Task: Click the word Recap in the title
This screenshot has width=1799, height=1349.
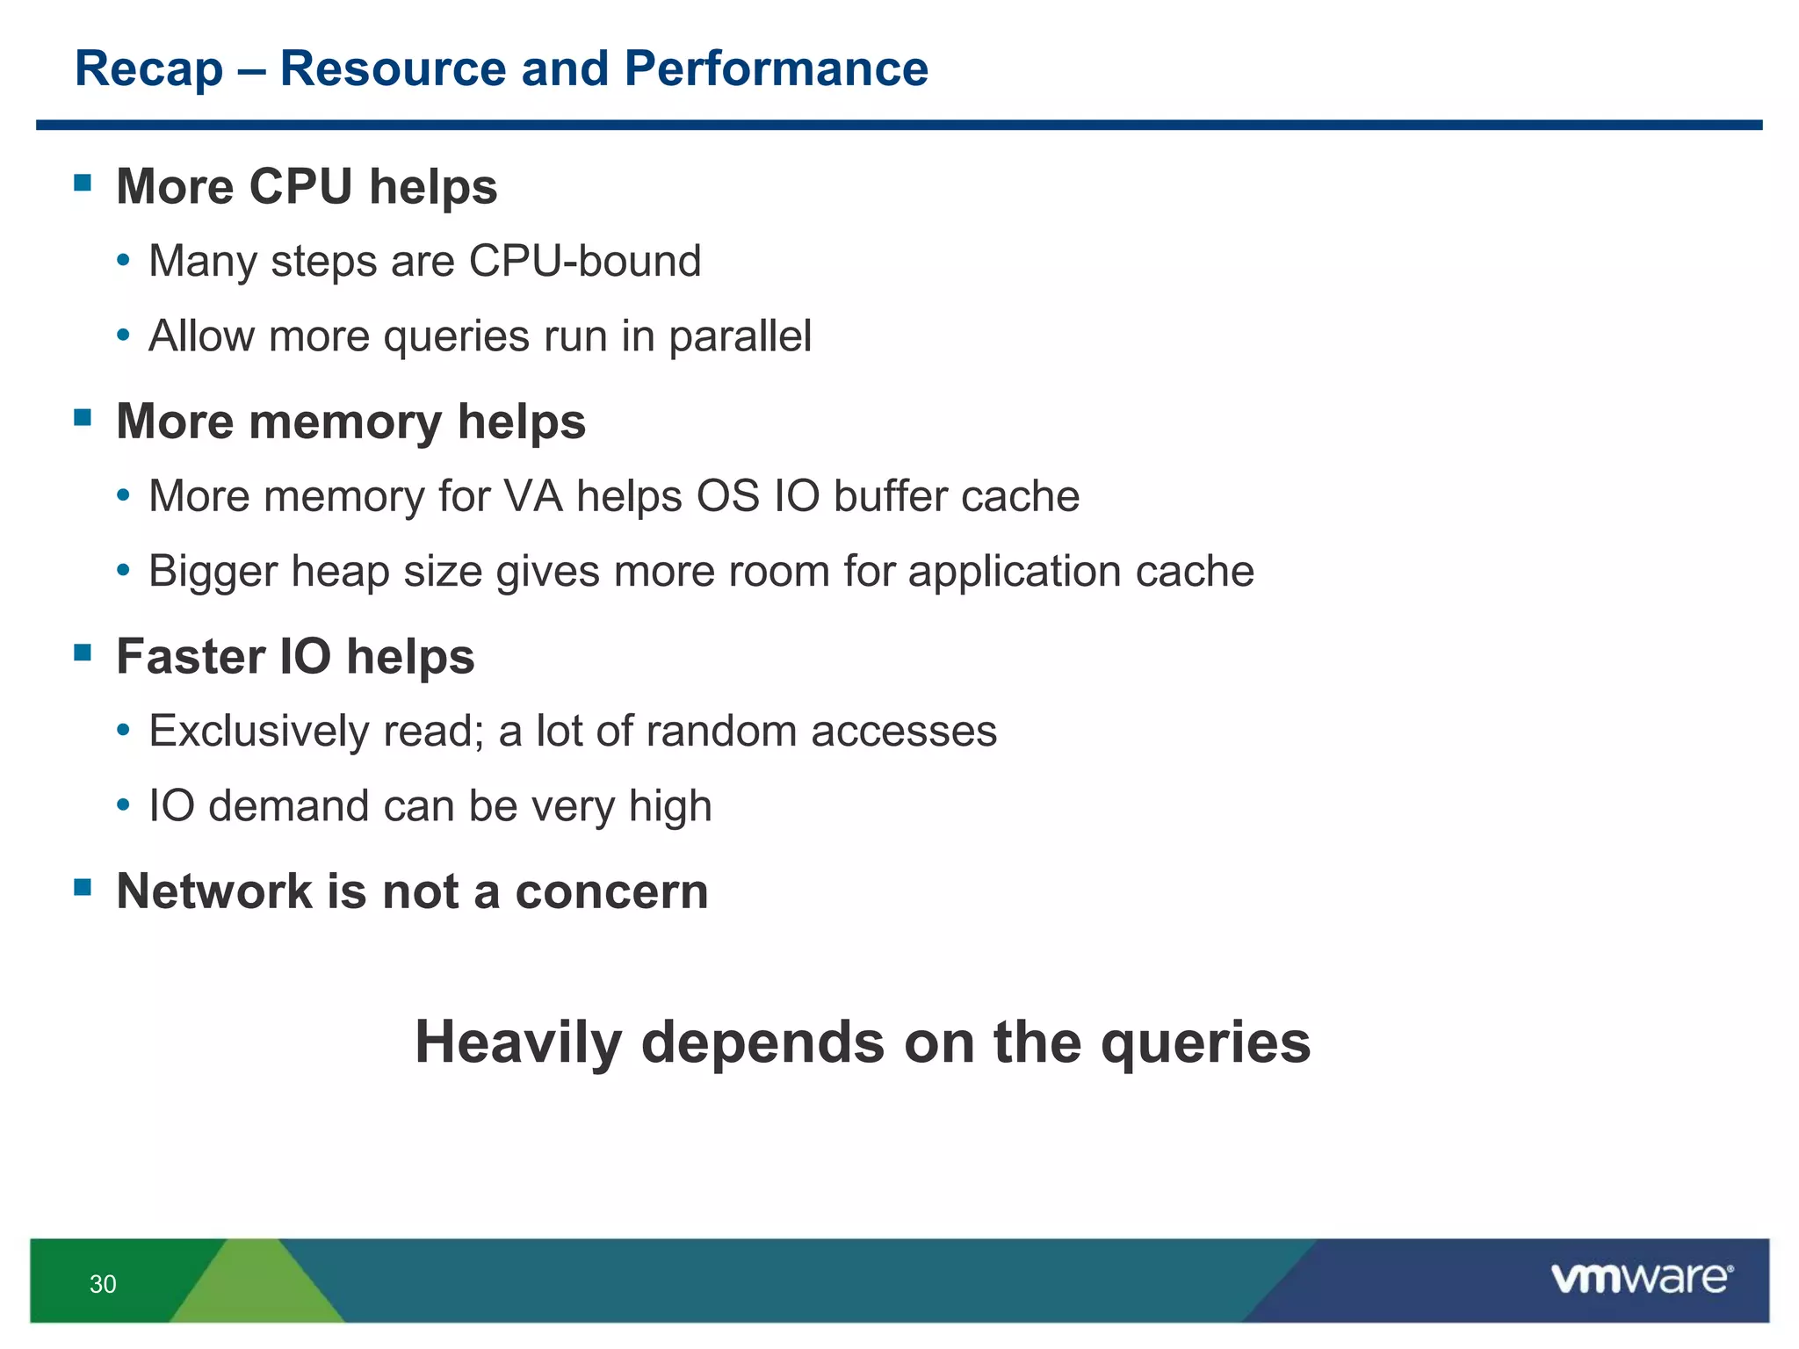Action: pyautogui.click(x=148, y=69)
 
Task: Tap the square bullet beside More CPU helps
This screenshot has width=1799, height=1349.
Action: pyautogui.click(x=83, y=183)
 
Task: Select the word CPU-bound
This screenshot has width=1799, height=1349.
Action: pyautogui.click(x=585, y=262)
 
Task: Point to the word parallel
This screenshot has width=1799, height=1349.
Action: pyautogui.click(x=740, y=336)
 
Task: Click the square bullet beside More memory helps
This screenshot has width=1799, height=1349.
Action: pyautogui.click(x=83, y=417)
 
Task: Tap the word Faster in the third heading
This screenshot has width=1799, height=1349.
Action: pyautogui.click(x=191, y=657)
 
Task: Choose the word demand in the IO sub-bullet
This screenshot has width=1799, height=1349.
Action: pyautogui.click(x=289, y=806)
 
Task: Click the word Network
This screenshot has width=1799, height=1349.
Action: pyautogui.click(x=214, y=891)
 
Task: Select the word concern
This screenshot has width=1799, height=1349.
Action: pyautogui.click(x=611, y=891)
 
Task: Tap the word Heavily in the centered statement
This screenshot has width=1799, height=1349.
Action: pyautogui.click(x=519, y=1042)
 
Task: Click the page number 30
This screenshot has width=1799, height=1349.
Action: pyautogui.click(x=103, y=1284)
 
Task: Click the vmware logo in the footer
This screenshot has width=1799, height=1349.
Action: pyautogui.click(x=1641, y=1279)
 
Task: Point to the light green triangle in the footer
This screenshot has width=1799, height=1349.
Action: pyautogui.click(x=256, y=1291)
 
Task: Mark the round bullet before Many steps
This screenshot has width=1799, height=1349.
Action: pyautogui.click(x=124, y=261)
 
